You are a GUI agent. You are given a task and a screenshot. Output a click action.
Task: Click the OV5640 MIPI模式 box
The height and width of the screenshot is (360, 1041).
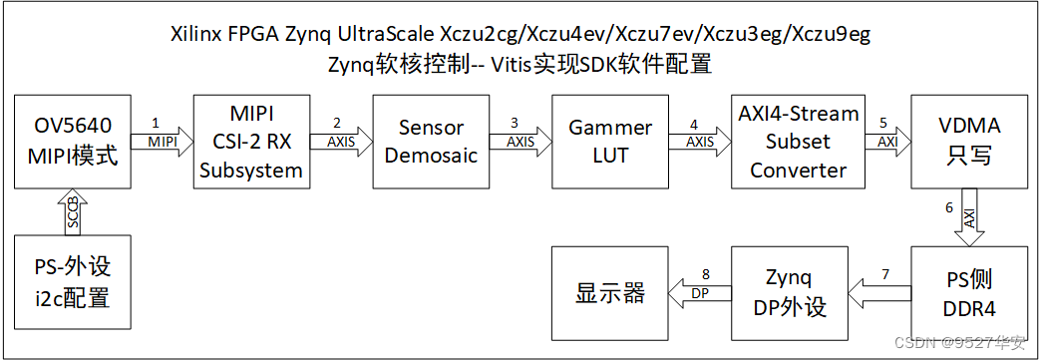pos(72,142)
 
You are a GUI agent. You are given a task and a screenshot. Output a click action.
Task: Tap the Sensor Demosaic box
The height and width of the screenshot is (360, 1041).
pos(431,142)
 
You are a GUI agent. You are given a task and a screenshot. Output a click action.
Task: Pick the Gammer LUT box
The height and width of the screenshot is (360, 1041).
pos(610,142)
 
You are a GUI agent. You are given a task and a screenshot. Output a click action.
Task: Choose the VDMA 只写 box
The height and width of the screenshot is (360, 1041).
pos(969,142)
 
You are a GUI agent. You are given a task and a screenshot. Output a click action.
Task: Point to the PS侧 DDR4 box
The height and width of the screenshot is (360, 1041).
pos(969,294)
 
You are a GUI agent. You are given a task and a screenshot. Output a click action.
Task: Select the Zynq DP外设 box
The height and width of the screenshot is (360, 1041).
pos(789,294)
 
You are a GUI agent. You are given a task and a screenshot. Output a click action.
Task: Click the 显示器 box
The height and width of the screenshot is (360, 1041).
pos(610,294)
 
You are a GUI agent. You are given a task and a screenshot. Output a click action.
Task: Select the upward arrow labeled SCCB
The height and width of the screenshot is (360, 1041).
pos(73,214)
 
